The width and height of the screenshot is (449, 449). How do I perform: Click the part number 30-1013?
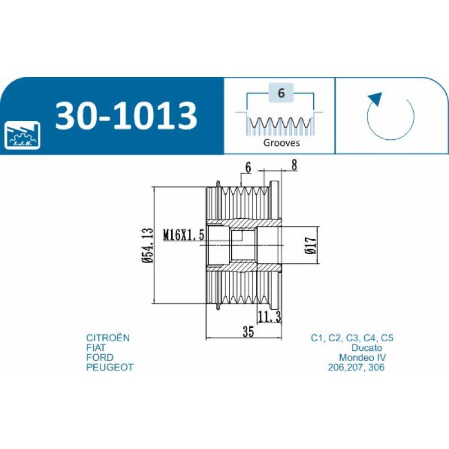coord(126,116)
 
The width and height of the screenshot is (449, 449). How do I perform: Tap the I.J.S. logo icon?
coord(22,135)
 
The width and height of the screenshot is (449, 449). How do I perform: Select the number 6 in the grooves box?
coord(281,93)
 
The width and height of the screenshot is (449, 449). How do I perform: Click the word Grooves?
coord(281,143)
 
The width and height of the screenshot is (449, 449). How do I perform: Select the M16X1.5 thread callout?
coord(184,235)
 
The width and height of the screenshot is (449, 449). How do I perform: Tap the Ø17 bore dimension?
coord(311,245)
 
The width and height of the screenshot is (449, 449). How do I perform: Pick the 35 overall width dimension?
coord(248,331)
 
